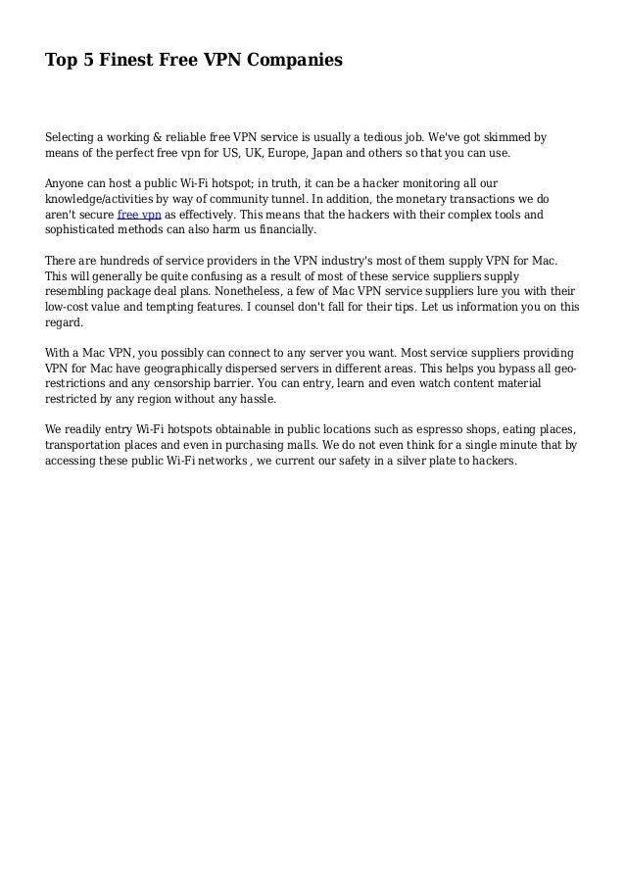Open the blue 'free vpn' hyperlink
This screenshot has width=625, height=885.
[x=138, y=215]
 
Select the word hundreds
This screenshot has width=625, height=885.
[x=120, y=261]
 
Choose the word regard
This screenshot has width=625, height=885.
[x=65, y=322]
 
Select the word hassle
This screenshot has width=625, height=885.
[x=255, y=399]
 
